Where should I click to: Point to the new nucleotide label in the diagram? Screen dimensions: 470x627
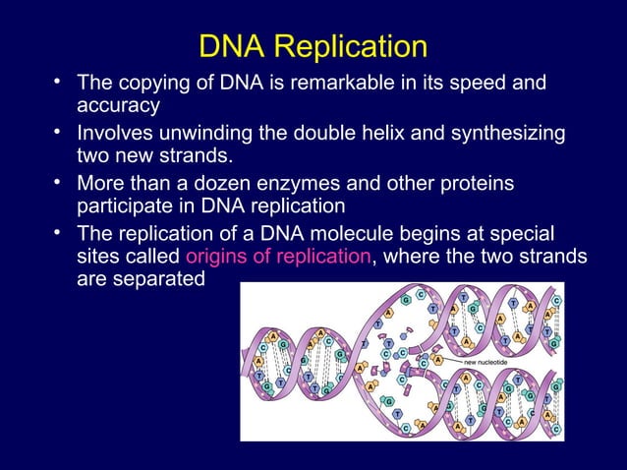point(489,361)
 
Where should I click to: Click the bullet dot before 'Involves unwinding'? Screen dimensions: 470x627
point(61,131)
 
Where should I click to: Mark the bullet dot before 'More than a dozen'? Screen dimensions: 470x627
point(61,182)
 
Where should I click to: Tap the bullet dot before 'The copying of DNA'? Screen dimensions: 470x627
point(61,80)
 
